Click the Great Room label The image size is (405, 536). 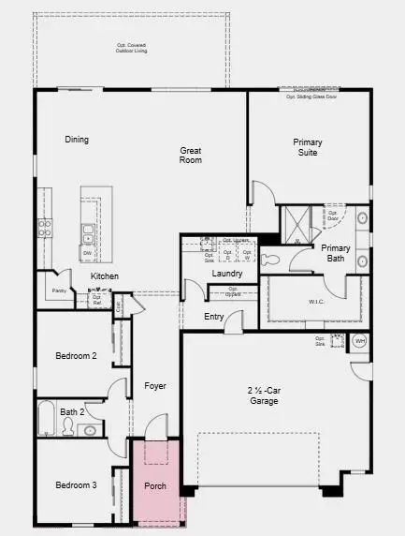pos(191,155)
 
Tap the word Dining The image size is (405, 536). pos(77,140)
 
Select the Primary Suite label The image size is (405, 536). pos(307,148)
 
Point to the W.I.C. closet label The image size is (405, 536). pos(316,302)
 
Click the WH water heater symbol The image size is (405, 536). pos(360,342)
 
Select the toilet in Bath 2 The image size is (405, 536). pos(66,427)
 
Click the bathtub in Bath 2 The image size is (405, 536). pos(46,419)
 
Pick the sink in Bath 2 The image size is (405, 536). pos(91,430)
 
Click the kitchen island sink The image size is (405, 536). pos(87,231)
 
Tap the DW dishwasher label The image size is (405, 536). pos(87,253)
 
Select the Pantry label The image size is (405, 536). pos(59,291)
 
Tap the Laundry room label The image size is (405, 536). pos(227,274)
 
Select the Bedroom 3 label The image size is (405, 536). pos(75,484)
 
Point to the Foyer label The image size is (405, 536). pos(154,385)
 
